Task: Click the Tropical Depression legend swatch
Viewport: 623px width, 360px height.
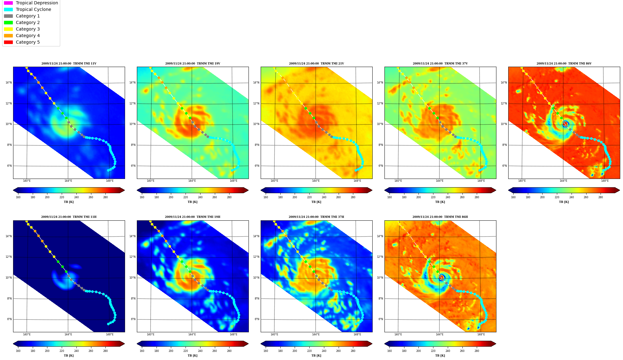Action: [x=8, y=3]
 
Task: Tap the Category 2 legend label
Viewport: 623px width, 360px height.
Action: [x=28, y=22]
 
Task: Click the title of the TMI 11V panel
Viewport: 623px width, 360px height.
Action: [x=69, y=64]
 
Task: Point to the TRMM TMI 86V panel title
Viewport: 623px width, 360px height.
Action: [x=564, y=64]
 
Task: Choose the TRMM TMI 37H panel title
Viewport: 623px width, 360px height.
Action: [x=316, y=217]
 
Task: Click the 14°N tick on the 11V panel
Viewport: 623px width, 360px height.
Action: [x=9, y=83]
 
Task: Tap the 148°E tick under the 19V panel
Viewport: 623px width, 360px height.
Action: [x=234, y=181]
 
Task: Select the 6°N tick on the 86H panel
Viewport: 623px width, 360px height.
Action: [x=381, y=319]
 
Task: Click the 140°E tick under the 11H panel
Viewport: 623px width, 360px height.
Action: [x=27, y=334]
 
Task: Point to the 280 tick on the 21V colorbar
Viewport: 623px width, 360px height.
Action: [x=353, y=197]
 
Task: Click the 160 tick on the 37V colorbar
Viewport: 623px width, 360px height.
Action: [x=389, y=197]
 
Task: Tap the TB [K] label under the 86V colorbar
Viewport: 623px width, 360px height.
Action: [x=564, y=202]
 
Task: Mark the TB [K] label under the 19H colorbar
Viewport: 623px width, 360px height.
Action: [x=192, y=356]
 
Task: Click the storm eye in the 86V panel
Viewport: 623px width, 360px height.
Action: [x=565, y=124]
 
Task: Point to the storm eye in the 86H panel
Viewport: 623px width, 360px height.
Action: [x=442, y=277]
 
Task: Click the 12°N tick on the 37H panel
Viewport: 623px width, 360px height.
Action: [x=256, y=257]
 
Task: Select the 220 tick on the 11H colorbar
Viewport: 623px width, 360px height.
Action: [x=62, y=351]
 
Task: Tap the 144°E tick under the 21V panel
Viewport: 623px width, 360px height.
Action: [x=316, y=181]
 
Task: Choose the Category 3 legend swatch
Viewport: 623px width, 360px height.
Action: [x=8, y=29]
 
